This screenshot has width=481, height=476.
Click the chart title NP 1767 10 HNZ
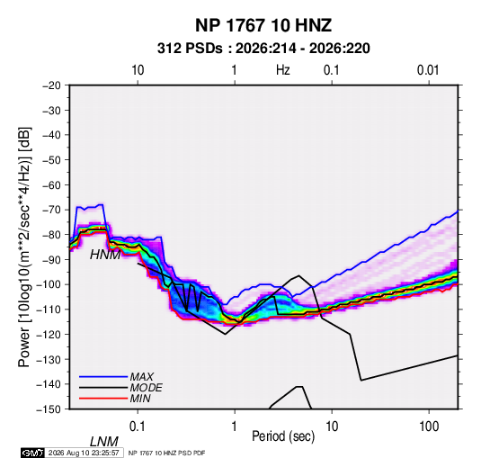point(263,25)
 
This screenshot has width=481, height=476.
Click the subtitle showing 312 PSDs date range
point(263,49)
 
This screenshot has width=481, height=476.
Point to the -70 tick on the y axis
point(51,210)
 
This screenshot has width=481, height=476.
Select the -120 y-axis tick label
point(49,334)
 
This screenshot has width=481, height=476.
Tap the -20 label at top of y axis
point(51,85)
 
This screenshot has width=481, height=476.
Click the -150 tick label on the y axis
point(49,409)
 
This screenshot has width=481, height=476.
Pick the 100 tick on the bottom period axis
point(429,426)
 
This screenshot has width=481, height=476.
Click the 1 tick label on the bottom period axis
point(235,426)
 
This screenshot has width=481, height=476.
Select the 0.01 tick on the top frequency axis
point(428,70)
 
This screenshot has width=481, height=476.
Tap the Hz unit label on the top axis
point(283,70)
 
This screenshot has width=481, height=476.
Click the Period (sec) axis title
point(283,436)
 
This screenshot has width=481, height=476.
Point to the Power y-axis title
point(24,247)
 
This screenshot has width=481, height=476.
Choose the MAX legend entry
point(141,376)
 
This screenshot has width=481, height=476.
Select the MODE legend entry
point(146,388)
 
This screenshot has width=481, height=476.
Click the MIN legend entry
point(140,399)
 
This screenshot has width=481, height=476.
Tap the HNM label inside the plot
point(105,255)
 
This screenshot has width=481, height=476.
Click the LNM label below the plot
point(103,442)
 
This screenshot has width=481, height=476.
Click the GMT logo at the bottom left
point(32,453)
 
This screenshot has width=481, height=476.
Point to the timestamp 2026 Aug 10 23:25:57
point(84,453)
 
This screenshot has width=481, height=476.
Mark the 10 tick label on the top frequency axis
point(138,70)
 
